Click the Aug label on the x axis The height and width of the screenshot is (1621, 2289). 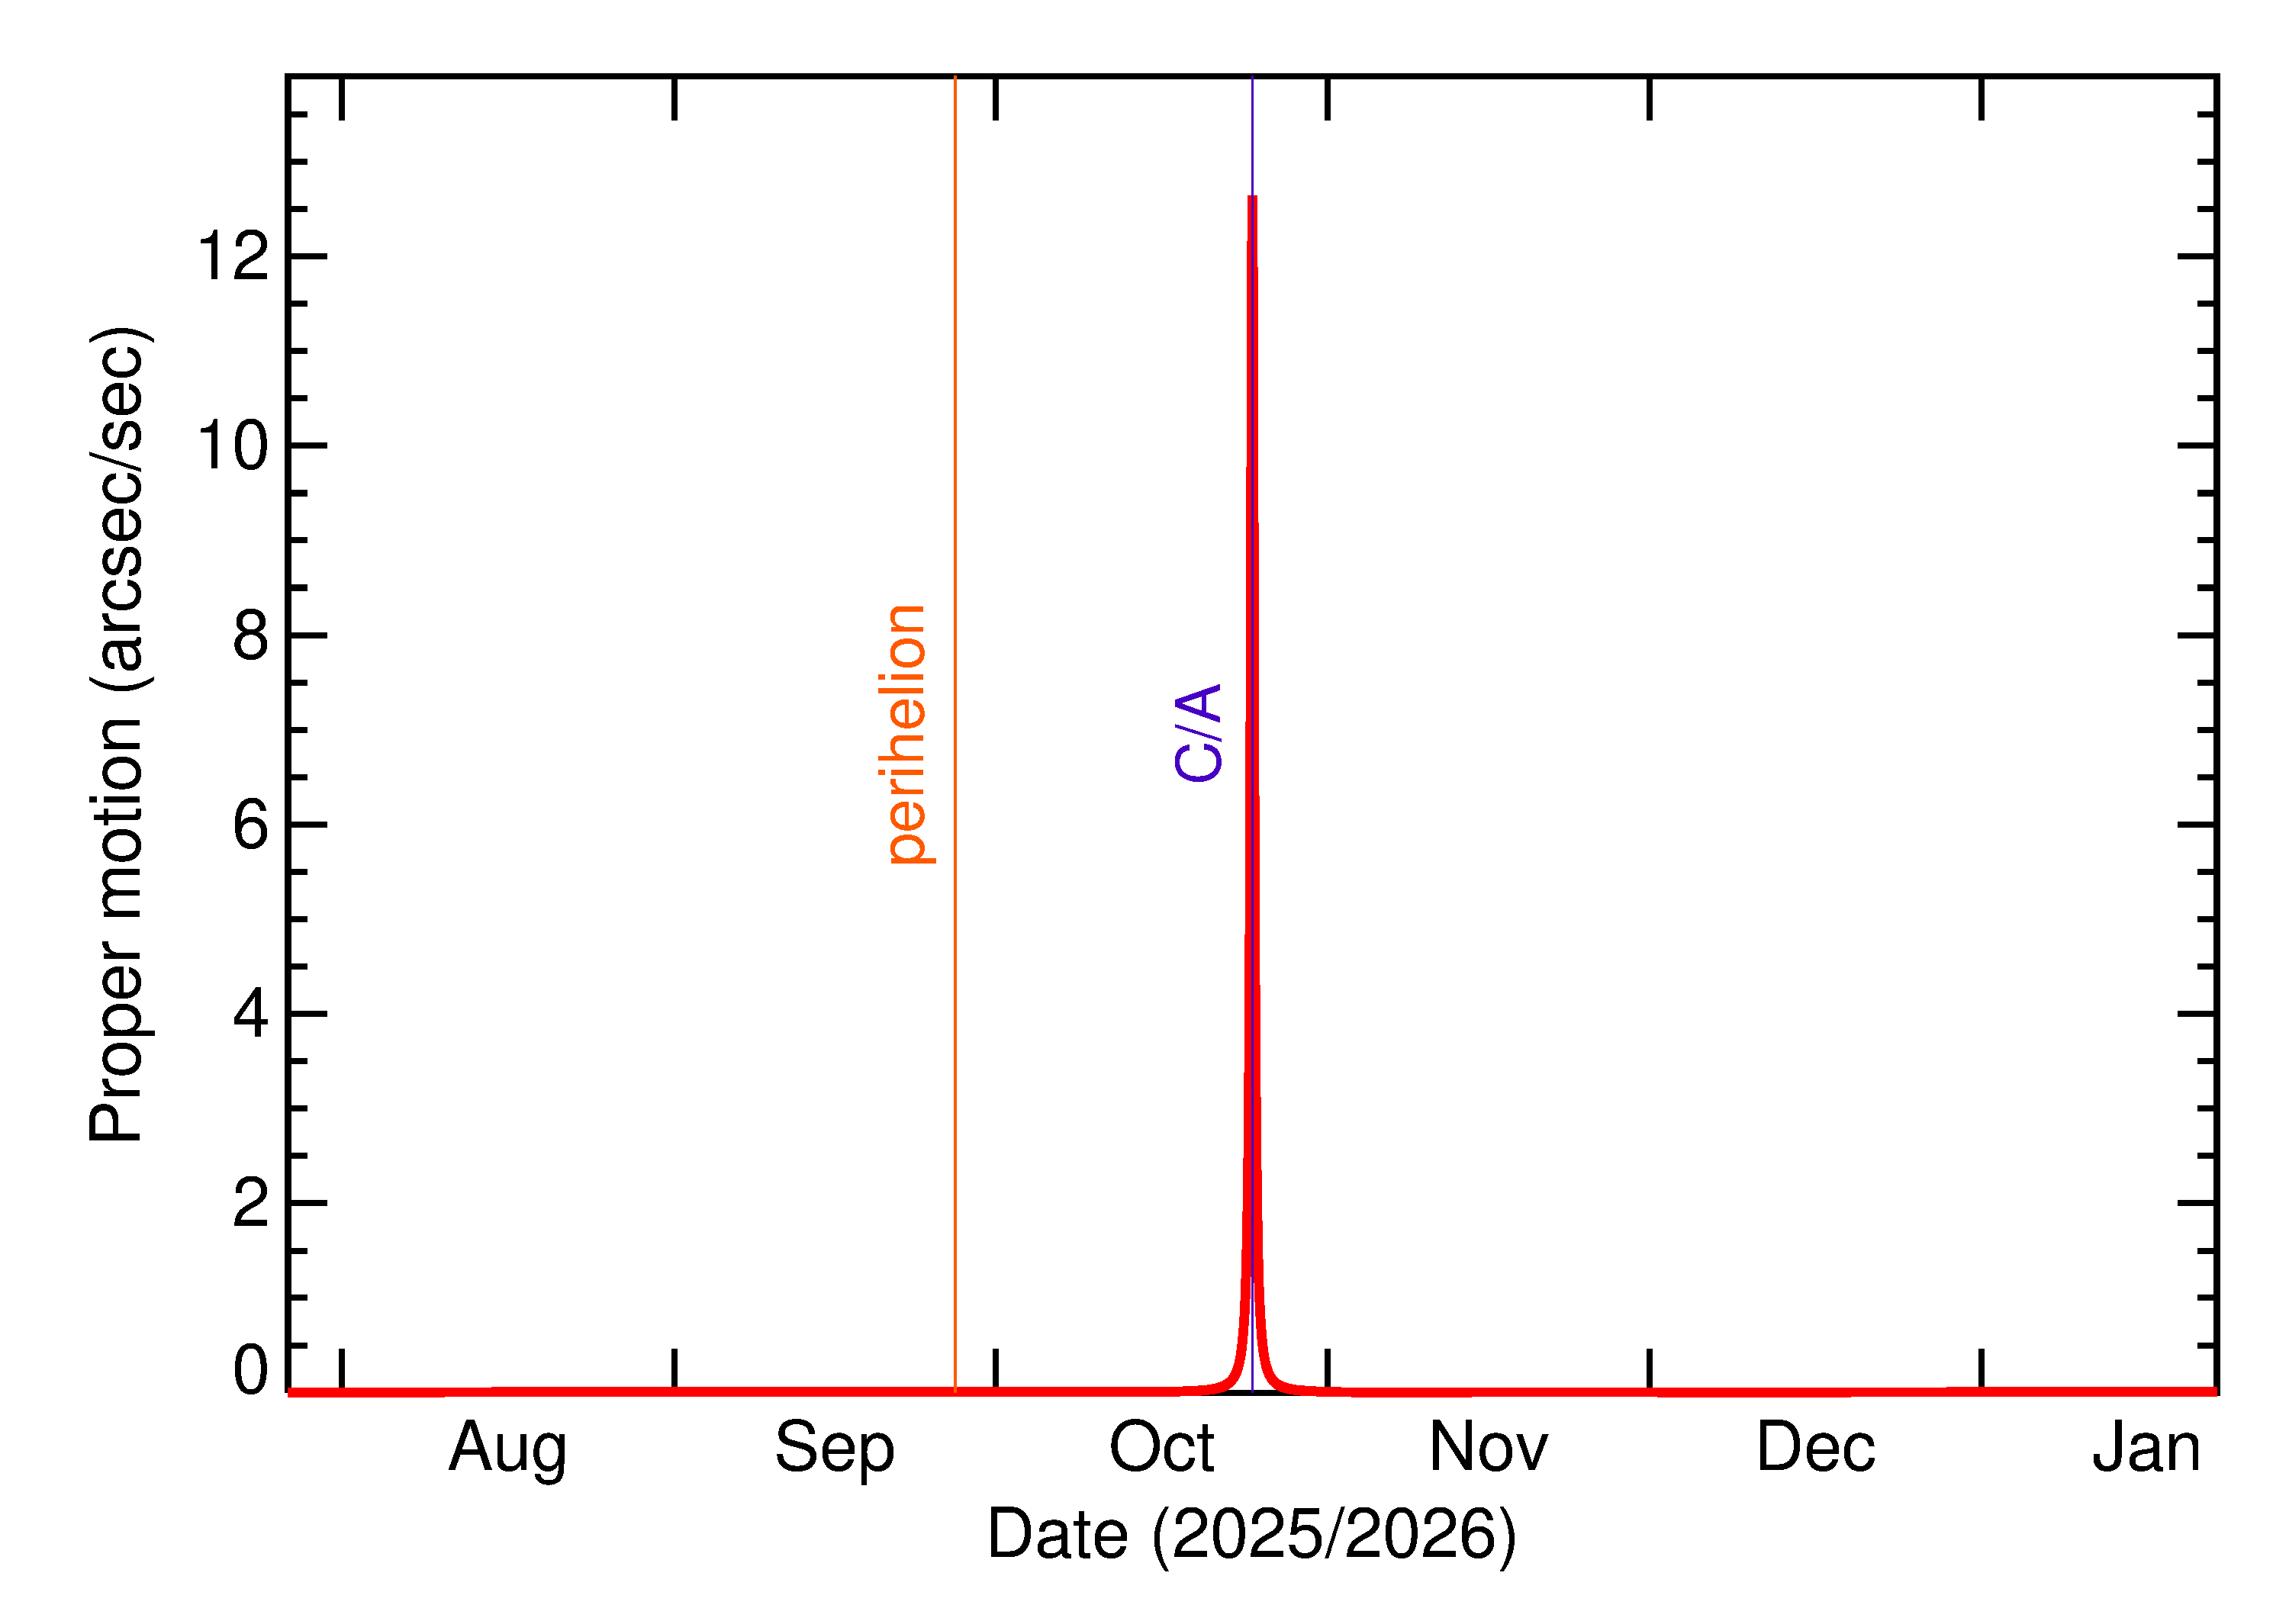[507, 1449]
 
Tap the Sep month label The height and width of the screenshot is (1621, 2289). [835, 1449]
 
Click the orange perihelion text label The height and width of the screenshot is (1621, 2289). [906, 734]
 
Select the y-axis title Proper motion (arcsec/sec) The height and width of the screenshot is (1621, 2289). [118, 734]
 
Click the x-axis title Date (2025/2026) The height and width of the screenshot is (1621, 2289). [1252, 1535]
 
